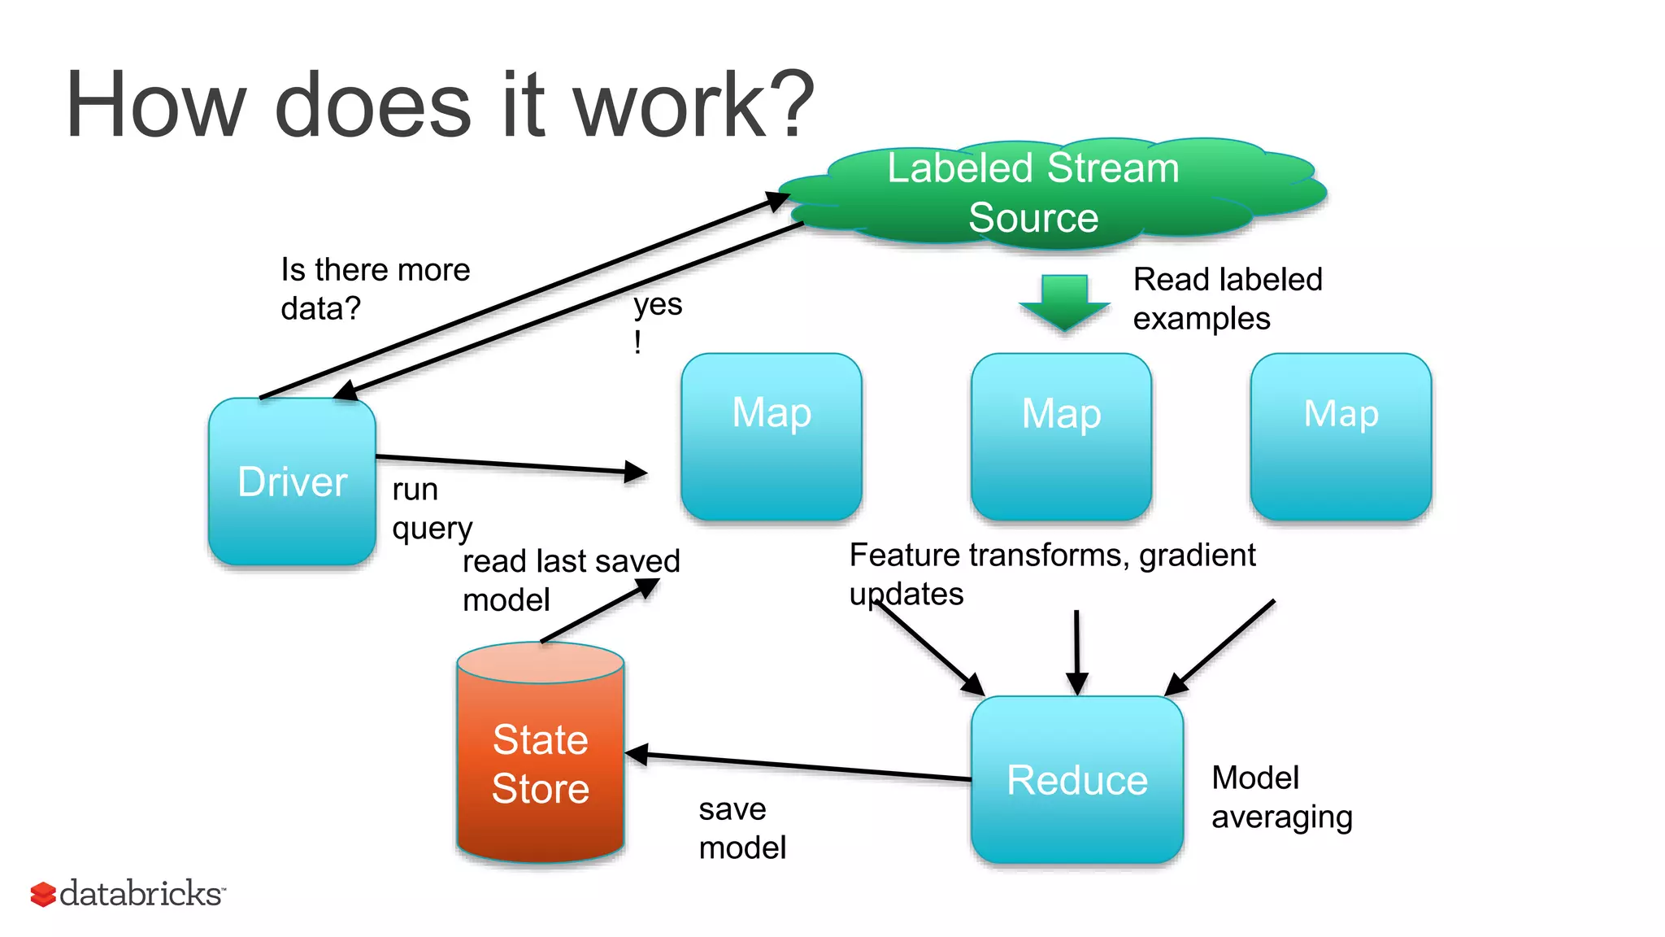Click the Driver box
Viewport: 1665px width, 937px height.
click(x=292, y=482)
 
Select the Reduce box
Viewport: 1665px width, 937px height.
click(x=1076, y=779)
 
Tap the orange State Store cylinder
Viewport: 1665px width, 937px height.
click(x=541, y=765)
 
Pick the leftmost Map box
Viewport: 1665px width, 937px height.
click(x=771, y=437)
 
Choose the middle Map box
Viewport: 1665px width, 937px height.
click(x=1061, y=437)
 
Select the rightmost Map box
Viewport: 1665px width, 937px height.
click(x=1341, y=437)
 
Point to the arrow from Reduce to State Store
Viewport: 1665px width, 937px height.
click(x=797, y=766)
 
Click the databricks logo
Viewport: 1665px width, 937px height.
click(x=128, y=893)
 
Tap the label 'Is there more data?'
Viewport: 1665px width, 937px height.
click(x=375, y=289)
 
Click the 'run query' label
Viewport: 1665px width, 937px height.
click(x=431, y=509)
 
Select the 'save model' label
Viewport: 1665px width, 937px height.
click(x=741, y=828)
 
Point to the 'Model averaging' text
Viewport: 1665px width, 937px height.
click(x=1280, y=797)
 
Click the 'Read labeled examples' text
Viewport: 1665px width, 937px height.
click(x=1227, y=299)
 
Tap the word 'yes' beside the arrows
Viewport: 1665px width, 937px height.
click(x=658, y=305)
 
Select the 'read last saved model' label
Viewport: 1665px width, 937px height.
click(x=569, y=579)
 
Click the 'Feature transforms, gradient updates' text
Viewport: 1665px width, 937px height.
click(x=1051, y=573)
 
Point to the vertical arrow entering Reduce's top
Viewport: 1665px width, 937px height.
click(x=1076, y=651)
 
